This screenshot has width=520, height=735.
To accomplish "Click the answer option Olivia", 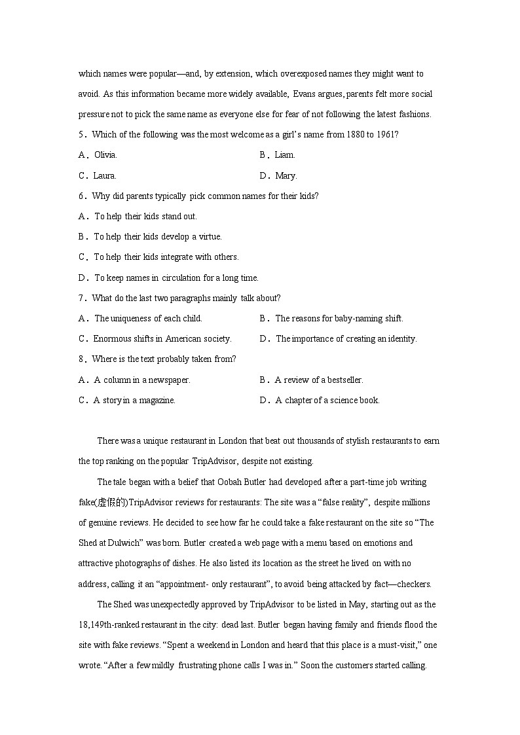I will pyautogui.click(x=105, y=155).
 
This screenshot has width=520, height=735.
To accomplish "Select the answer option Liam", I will pyautogui.click(x=285, y=155).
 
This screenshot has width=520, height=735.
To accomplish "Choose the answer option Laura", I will pyautogui.click(x=105, y=175).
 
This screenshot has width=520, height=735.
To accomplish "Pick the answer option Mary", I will pyautogui.click(x=286, y=175).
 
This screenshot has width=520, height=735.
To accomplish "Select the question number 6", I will pyautogui.click(x=82, y=196).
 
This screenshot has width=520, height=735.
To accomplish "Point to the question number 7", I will pyautogui.click(x=82, y=298).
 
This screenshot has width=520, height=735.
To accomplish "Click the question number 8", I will pyautogui.click(x=82, y=359).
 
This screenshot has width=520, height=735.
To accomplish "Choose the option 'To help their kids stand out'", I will pyautogui.click(x=145, y=216).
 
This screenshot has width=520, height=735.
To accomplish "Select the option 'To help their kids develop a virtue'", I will pyautogui.click(x=158, y=236).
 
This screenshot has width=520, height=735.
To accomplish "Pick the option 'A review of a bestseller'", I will pyautogui.click(x=319, y=380).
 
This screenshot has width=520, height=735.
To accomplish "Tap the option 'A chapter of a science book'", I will pyautogui.click(x=327, y=400).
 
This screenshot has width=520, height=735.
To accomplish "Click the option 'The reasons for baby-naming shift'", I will pyautogui.click(x=339, y=318).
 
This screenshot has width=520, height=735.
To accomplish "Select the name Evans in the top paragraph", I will pyautogui.click(x=304, y=94).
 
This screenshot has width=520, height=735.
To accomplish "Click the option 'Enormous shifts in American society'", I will pyautogui.click(x=162, y=338).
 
